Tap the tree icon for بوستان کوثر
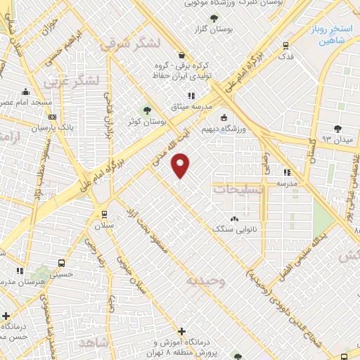147,110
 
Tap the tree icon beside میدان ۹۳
338,128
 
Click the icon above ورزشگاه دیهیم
224,117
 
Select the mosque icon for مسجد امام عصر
26,91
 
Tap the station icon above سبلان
104,214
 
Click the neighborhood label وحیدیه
205,281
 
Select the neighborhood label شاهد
96,342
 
